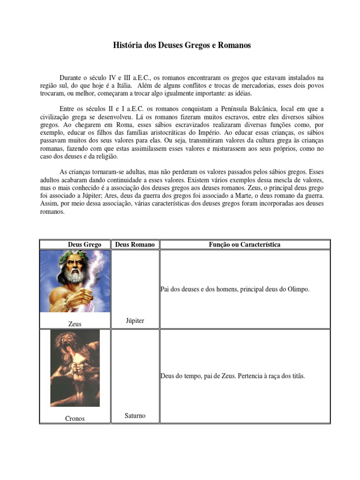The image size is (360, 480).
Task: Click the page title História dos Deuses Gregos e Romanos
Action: click(x=182, y=45)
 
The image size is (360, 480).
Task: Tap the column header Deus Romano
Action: click(x=135, y=245)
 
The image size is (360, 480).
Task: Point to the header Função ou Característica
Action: click(x=245, y=245)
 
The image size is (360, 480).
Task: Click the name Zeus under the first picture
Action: click(x=75, y=324)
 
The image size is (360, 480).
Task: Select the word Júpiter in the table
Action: click(x=135, y=321)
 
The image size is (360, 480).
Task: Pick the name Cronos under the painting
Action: click(x=75, y=419)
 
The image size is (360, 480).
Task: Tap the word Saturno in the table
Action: click(x=135, y=416)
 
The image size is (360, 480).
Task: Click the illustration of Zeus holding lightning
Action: click(x=75, y=281)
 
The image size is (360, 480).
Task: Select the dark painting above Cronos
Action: click(x=75, y=368)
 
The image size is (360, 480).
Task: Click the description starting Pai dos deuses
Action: click(x=235, y=290)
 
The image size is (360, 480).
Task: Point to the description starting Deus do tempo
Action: click(x=232, y=376)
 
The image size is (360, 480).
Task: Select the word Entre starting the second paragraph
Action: click(x=67, y=109)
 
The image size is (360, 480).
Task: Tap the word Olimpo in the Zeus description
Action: click(x=300, y=290)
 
